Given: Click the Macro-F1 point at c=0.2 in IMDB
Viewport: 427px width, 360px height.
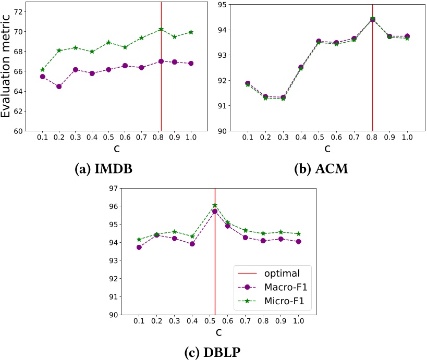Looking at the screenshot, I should [59, 86].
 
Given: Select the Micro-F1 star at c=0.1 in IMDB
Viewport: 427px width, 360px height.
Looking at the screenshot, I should [42, 70].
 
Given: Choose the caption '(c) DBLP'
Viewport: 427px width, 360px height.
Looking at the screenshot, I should [214, 352].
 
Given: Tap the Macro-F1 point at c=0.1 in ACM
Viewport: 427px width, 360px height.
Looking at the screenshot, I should [248, 83].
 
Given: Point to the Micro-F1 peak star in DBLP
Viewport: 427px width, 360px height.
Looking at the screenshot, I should [215, 205].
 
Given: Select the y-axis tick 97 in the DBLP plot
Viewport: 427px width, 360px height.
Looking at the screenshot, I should [113, 188].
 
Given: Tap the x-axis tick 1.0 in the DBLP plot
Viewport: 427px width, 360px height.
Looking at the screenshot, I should [298, 322].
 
